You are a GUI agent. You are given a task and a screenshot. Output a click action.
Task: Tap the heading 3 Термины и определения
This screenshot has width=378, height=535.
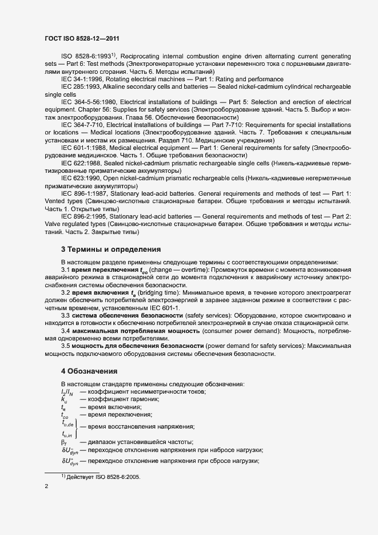click(x=110, y=249)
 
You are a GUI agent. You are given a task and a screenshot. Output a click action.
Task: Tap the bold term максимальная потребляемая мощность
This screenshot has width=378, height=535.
click(x=125, y=331)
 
